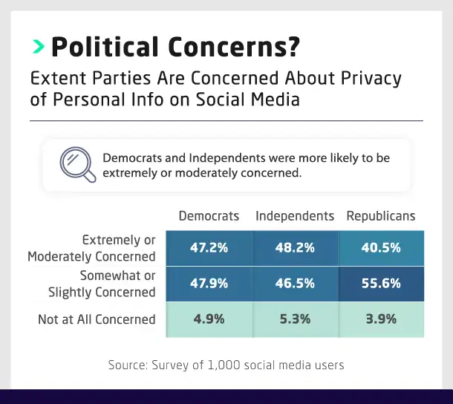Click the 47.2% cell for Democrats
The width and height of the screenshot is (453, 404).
point(209,248)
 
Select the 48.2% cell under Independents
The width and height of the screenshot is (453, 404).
point(295,248)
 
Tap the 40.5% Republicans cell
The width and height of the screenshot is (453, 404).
point(381,248)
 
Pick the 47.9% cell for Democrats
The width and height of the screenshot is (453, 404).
point(209,283)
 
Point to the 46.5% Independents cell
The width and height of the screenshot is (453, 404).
point(295,283)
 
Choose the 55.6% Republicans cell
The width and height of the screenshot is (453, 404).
point(381,283)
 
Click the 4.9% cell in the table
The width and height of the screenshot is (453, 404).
point(209,319)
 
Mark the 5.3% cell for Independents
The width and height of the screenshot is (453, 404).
point(295,319)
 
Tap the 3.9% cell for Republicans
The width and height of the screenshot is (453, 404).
point(381,319)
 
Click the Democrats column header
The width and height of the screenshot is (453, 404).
point(209,216)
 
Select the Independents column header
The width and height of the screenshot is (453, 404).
point(295,216)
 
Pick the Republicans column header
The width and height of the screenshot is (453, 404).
point(381,216)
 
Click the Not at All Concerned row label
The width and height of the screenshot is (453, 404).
point(97,319)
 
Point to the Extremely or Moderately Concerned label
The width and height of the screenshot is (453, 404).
point(92,248)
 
